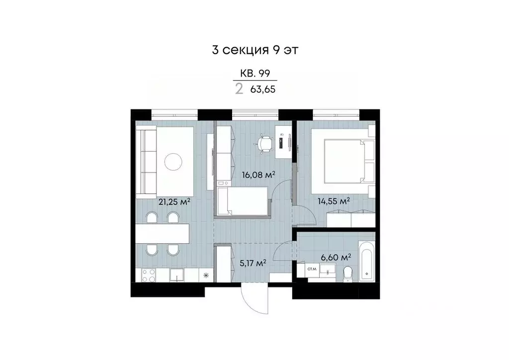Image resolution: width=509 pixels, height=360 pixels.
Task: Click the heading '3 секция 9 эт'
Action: pyautogui.click(x=254, y=50)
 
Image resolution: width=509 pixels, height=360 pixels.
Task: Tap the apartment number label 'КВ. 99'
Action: pyautogui.click(x=255, y=74)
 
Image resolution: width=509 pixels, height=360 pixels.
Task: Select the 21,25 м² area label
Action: pyautogui.click(x=174, y=202)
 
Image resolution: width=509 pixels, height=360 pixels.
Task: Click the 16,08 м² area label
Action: pyautogui.click(x=258, y=175)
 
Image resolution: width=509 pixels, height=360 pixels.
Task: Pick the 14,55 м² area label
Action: pyautogui.click(x=334, y=201)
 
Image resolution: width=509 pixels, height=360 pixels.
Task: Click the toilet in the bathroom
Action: pyautogui.click(x=348, y=272)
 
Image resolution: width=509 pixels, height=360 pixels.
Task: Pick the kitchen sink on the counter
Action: pyautogui.click(x=177, y=274)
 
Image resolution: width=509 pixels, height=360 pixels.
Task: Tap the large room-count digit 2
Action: pyautogui.click(x=239, y=89)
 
